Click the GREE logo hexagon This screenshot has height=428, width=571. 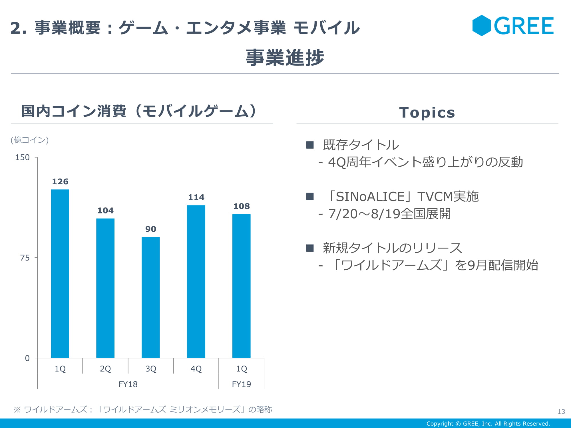click(481, 26)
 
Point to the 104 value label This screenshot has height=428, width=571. click(105, 211)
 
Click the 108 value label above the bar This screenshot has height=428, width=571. click(242, 206)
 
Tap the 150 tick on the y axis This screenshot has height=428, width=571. click(22, 158)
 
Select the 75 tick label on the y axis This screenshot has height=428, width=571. click(25, 258)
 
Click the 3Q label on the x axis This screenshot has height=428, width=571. click(151, 369)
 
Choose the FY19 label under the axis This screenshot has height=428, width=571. click(241, 384)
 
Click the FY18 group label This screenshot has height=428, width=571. click(128, 384)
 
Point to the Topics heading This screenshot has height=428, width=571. click(427, 112)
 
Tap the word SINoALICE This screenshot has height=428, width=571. click(370, 197)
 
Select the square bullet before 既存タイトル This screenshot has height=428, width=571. click(310, 145)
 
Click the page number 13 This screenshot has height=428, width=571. click(561, 411)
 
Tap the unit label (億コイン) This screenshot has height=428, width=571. click(30, 140)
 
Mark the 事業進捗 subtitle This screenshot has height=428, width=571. click(285, 57)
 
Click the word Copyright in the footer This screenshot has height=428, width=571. click(440, 424)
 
